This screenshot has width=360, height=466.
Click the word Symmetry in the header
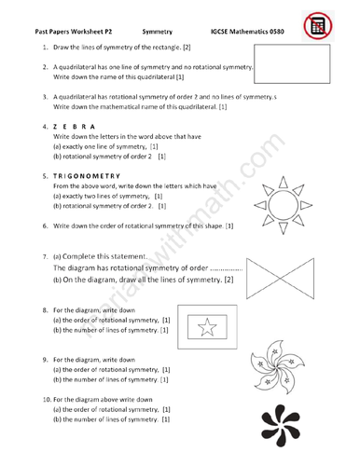coord(160,31)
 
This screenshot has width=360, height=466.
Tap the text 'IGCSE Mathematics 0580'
coord(250,31)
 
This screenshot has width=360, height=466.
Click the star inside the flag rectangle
coord(207,325)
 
